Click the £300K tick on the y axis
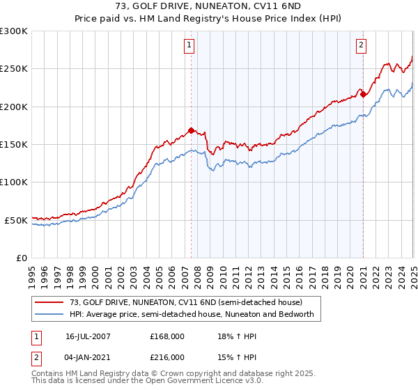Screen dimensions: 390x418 14,31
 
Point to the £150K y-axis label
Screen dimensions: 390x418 14,144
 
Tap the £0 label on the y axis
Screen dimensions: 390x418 22,258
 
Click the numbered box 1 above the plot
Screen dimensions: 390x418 189,46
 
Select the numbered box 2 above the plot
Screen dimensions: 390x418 362,46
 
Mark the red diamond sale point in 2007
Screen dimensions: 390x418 191,130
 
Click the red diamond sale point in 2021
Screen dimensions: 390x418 363,95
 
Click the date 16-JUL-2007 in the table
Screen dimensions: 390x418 88,336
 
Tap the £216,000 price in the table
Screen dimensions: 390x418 167,357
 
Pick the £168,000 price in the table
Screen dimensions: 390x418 167,336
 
